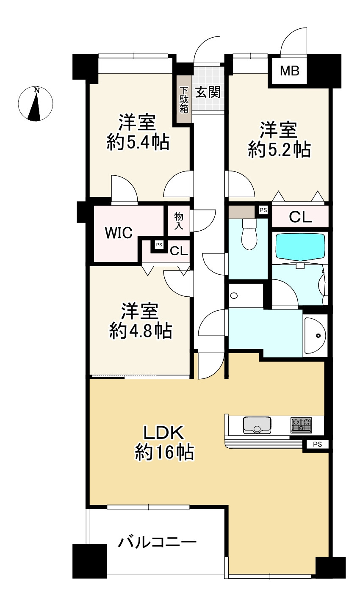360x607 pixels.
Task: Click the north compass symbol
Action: pos(36,104)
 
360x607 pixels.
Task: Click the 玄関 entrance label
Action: pos(208,92)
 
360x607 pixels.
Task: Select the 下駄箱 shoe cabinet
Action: pos(184,99)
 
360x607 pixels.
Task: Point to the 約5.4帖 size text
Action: pos(138,143)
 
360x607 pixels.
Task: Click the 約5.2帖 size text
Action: pos(279,150)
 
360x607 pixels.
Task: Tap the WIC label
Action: pos(119,232)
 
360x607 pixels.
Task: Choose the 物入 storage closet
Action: pos(179,221)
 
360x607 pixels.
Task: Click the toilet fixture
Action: pos(248,235)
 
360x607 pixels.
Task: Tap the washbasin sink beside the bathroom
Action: pos(316,336)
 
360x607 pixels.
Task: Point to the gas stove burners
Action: pos(301,425)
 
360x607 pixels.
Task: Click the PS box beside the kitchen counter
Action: pos(317,444)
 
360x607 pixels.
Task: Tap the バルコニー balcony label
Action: pos(157,542)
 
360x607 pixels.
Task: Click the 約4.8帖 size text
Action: pos(141,330)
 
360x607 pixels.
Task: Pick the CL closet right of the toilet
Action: pos(300,217)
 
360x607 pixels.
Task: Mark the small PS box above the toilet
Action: pos(263,210)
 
